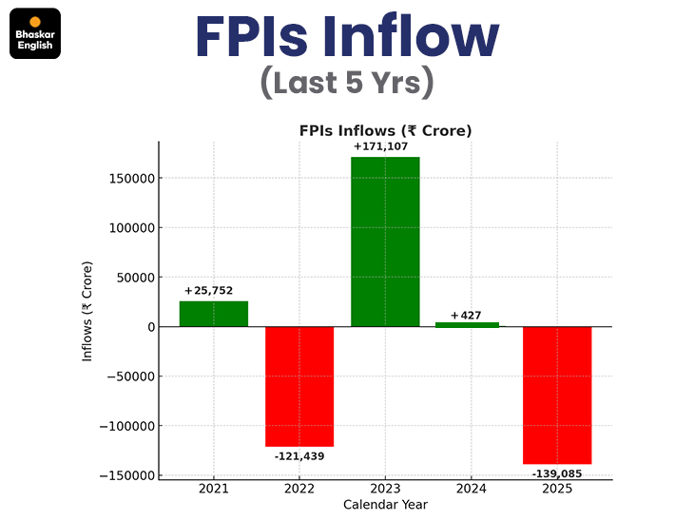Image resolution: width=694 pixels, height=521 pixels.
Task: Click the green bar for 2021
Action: tap(214, 314)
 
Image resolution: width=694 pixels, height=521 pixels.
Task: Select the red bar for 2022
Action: tap(299, 386)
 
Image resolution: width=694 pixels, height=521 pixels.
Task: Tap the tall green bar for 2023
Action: tap(385, 241)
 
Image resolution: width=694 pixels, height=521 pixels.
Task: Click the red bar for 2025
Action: tap(557, 395)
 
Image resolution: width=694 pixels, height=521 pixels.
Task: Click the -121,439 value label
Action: tap(299, 457)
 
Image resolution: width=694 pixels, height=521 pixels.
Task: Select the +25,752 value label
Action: tap(209, 291)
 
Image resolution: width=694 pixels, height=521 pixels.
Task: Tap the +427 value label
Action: tap(467, 315)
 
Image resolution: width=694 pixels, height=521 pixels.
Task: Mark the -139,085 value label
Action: tap(558, 473)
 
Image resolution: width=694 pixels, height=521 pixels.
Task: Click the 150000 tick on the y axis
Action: tap(129, 178)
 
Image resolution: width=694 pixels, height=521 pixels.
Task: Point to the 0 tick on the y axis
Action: tap(148, 327)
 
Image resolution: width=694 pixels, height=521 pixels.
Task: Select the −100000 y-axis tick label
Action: tap(124, 426)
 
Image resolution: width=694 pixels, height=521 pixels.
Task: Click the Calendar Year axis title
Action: tap(385, 505)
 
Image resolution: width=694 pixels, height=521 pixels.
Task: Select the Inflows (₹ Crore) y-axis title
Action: tap(87, 311)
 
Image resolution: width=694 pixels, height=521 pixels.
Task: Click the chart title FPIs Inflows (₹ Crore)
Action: tap(385, 130)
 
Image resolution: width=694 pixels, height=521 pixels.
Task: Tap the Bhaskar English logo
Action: tap(35, 34)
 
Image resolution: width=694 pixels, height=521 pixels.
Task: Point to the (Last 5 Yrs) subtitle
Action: tap(347, 83)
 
